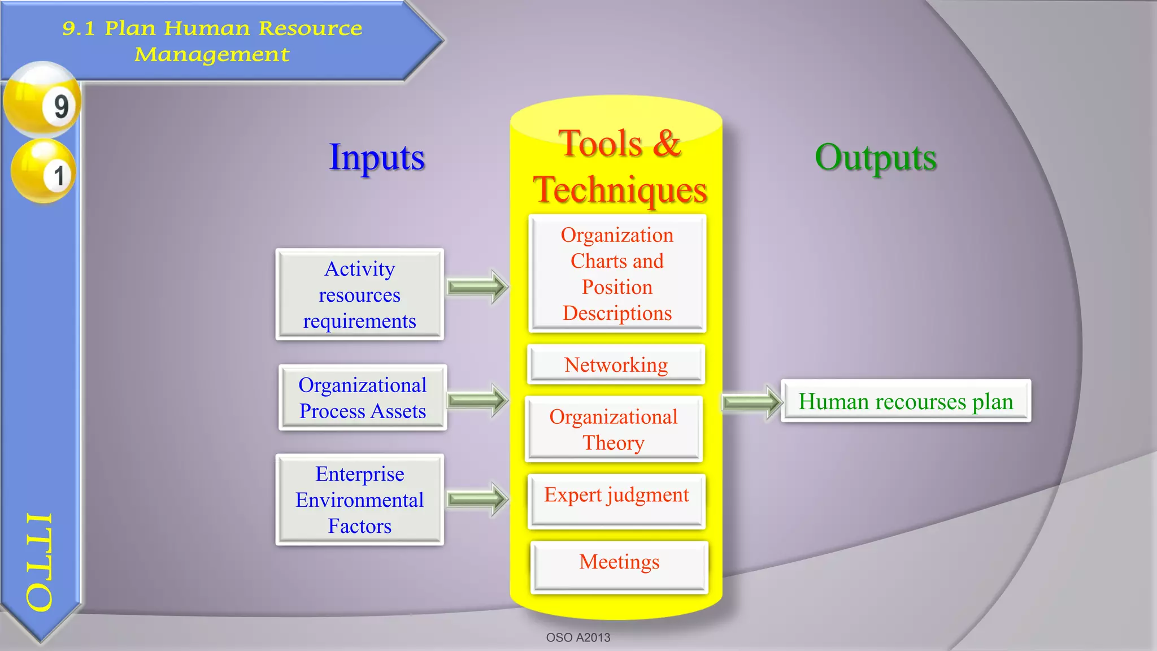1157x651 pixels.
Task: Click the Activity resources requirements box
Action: coord(360,294)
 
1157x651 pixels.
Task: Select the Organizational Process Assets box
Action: coord(363,397)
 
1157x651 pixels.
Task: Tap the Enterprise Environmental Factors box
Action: coord(360,500)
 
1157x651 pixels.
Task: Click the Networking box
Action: coord(616,364)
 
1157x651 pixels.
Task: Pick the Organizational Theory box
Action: coord(614,429)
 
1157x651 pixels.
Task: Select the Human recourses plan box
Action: coord(906,401)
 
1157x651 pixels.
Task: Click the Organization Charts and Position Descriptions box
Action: coord(617,274)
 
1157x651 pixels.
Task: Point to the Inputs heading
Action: coord(377,157)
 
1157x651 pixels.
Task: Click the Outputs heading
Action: coord(876,157)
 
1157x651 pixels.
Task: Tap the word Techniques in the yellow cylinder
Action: coord(620,189)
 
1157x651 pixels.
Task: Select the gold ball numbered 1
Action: coord(44,171)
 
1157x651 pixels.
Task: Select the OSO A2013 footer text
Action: coord(578,637)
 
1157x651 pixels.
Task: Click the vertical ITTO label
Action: coord(40,562)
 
